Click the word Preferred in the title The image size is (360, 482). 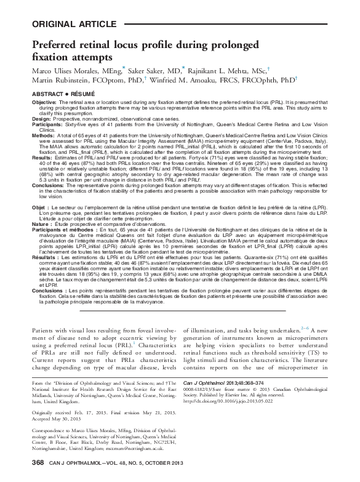pos(55,44)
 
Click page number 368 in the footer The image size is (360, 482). pos(37,462)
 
